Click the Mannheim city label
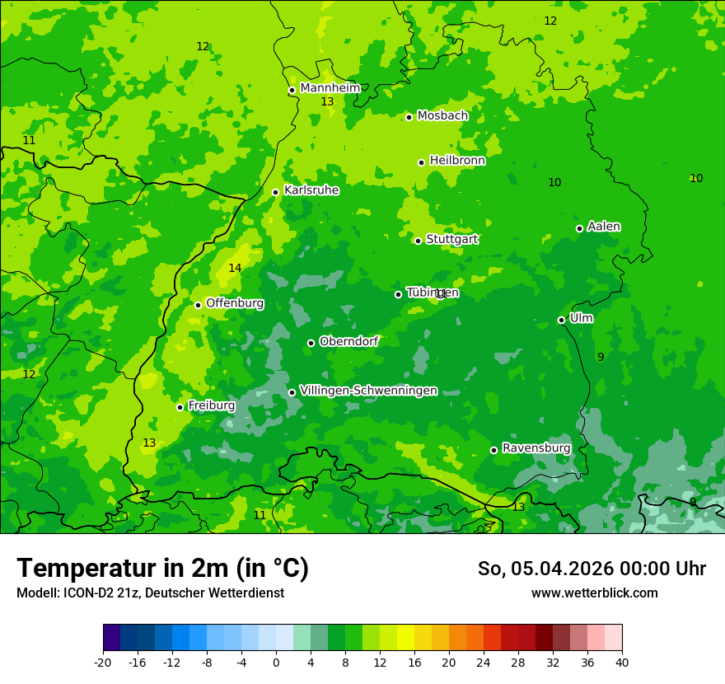[x=330, y=88]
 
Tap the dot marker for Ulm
[x=561, y=320]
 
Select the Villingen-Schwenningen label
[x=368, y=391]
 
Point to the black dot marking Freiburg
[x=180, y=407]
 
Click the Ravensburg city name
[x=536, y=448]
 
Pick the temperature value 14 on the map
[x=235, y=268]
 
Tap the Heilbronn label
[x=457, y=161]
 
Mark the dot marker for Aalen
[x=579, y=228]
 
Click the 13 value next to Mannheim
[x=327, y=102]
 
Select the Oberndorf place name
[x=348, y=341]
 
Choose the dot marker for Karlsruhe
[x=275, y=192]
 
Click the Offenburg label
[x=235, y=303]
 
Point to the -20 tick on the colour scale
[x=103, y=662]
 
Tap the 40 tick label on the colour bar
[x=622, y=662]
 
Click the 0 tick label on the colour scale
[x=276, y=662]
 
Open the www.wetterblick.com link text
[x=594, y=593]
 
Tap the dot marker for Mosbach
[x=409, y=117]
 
